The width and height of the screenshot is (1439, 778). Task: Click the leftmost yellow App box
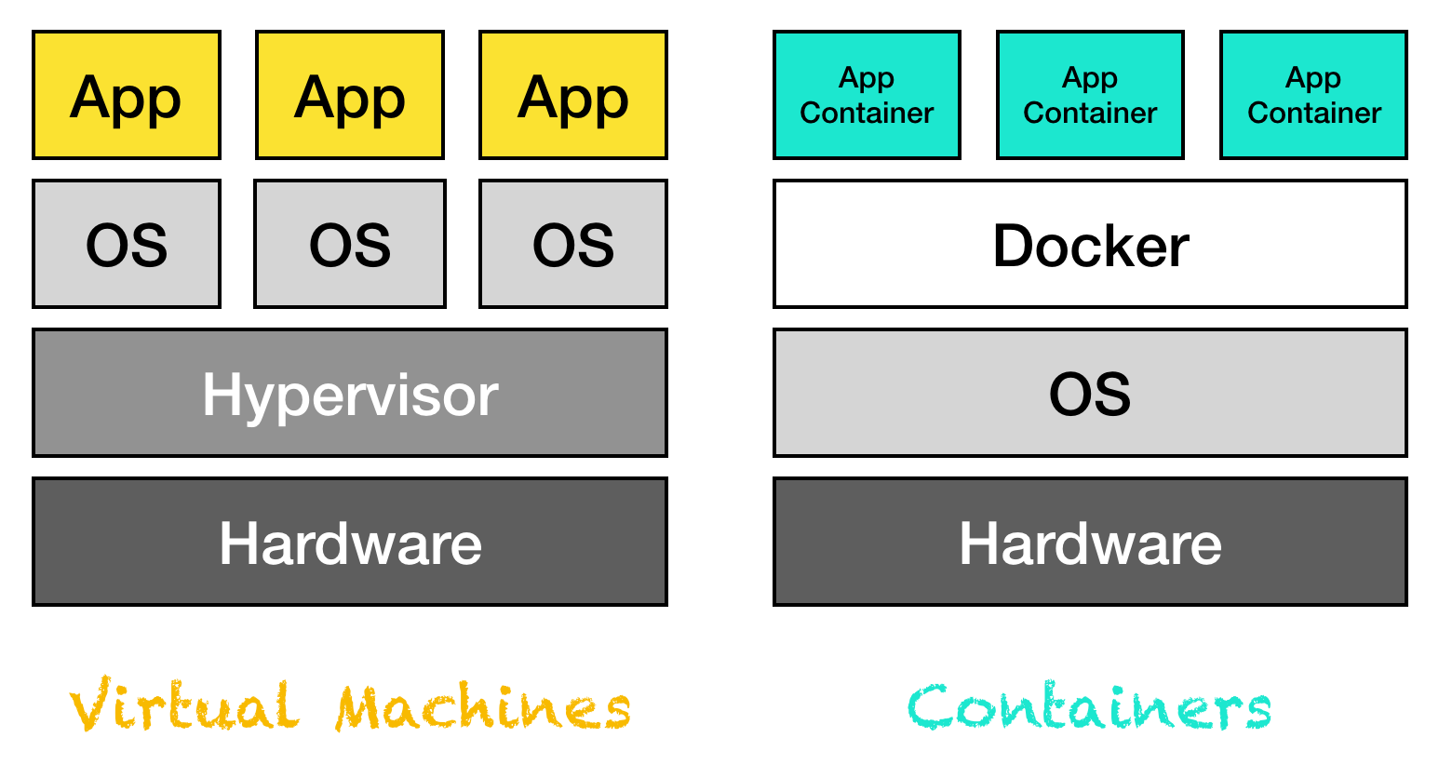(x=127, y=95)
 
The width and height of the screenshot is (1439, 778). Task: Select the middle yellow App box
(x=350, y=95)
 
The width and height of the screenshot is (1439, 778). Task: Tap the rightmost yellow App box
(x=573, y=95)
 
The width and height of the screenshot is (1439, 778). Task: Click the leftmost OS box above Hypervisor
(x=127, y=244)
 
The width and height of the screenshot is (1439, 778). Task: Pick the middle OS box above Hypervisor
(x=350, y=244)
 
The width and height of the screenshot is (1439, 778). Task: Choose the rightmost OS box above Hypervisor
(x=573, y=244)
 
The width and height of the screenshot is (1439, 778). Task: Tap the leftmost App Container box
(x=867, y=95)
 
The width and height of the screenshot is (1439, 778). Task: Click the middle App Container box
(x=1090, y=95)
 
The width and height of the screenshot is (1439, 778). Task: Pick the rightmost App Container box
(x=1313, y=95)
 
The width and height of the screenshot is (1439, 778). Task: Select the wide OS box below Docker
(x=1090, y=393)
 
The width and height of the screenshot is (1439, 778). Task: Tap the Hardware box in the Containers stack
(x=1090, y=542)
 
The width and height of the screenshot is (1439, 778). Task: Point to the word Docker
(x=1091, y=246)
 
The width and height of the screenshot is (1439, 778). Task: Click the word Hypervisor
(x=350, y=396)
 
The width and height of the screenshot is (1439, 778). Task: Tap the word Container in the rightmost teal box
(x=1314, y=114)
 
